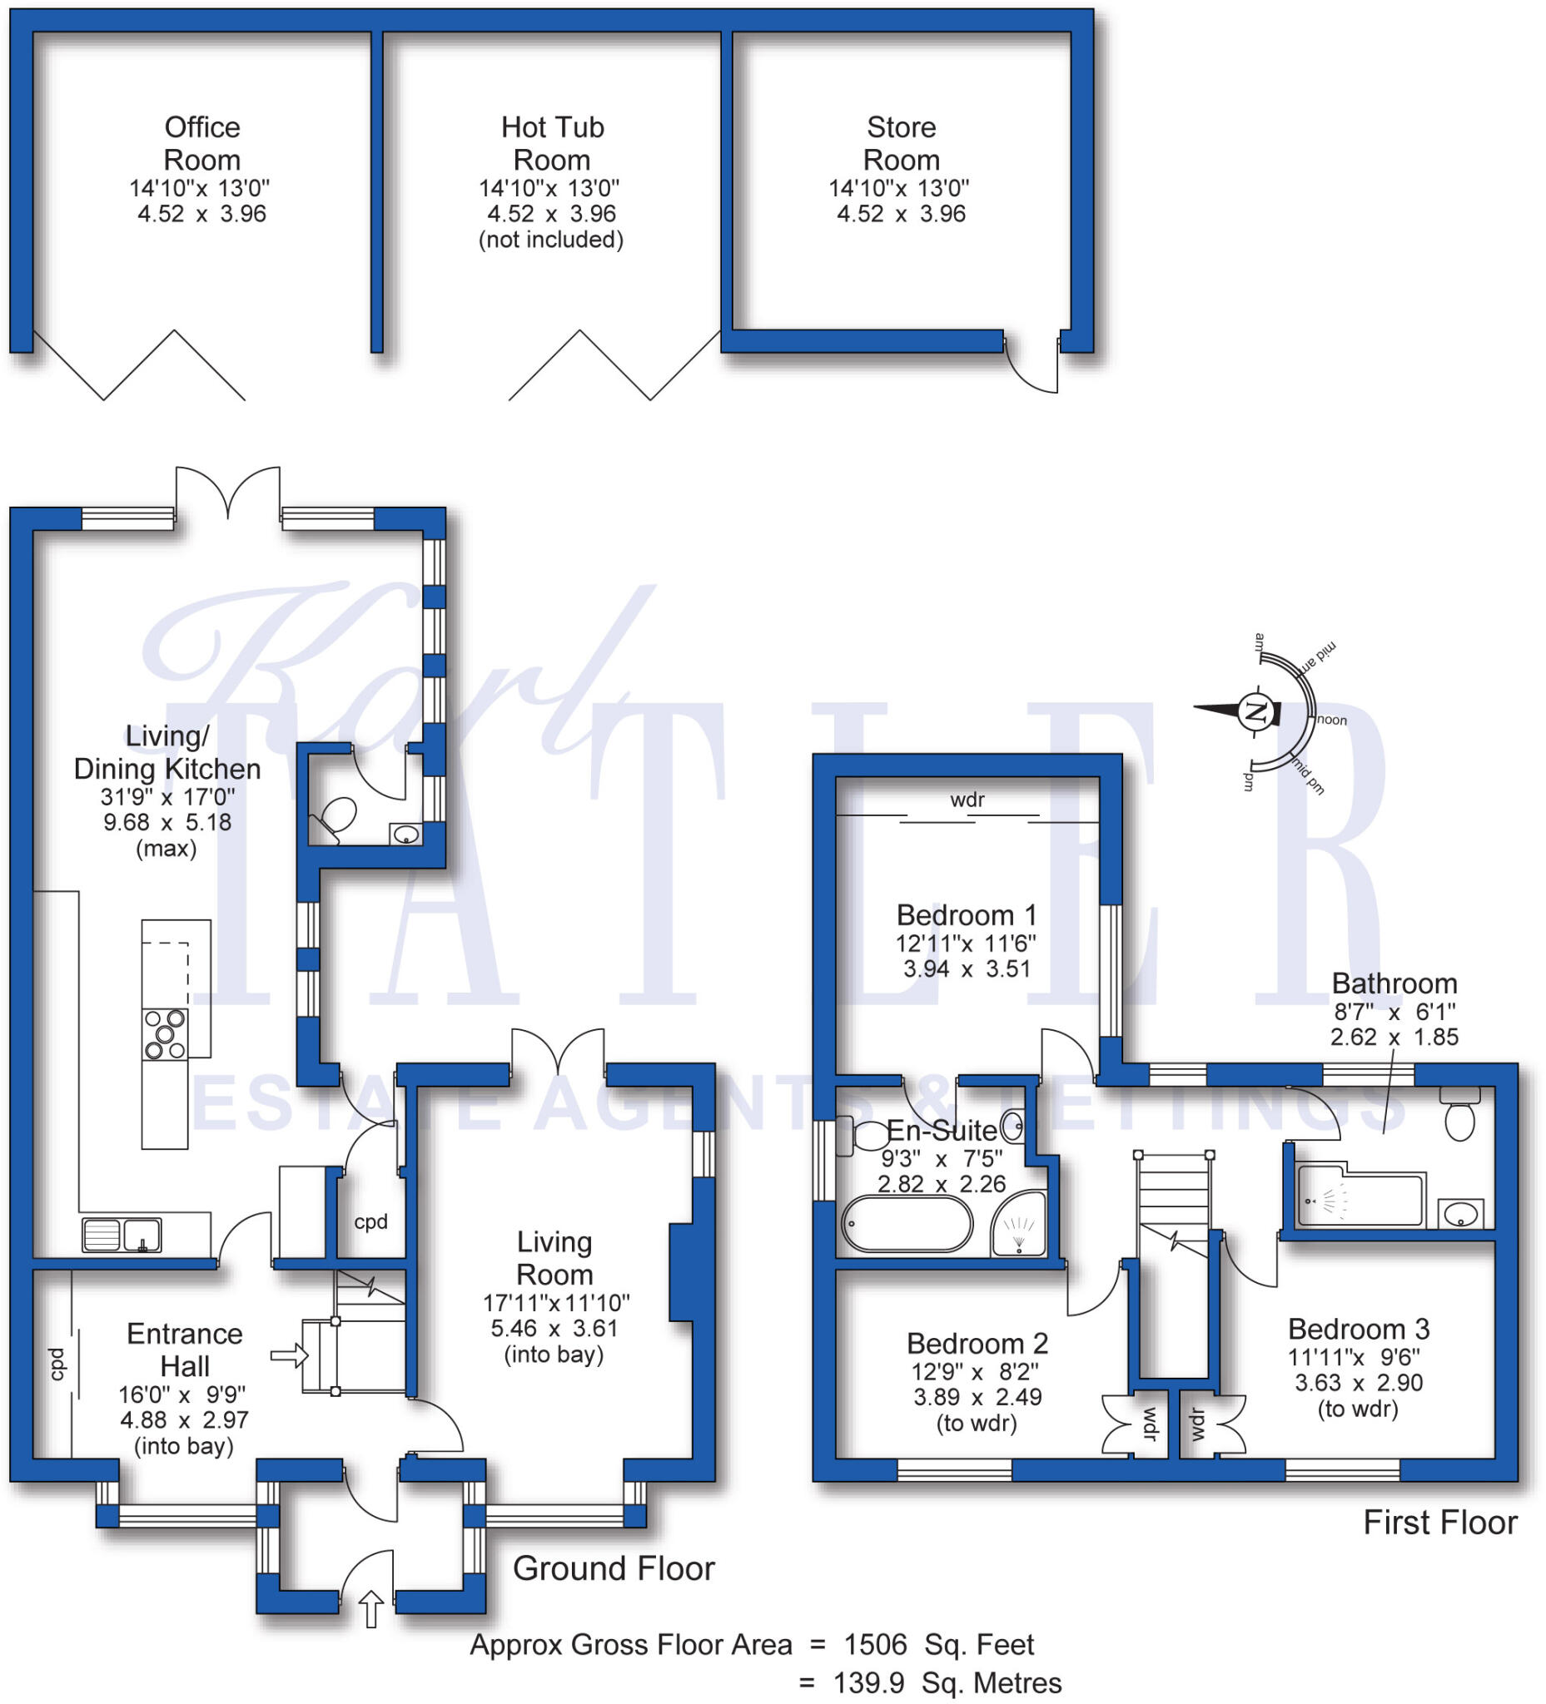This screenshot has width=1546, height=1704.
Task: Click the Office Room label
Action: pyautogui.click(x=201, y=143)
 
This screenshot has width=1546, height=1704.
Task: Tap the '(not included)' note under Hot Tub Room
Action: pyautogui.click(x=550, y=240)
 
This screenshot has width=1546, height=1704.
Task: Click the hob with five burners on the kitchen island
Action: pyautogui.click(x=165, y=1033)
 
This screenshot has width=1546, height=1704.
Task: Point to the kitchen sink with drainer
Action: pyautogui.click(x=122, y=1235)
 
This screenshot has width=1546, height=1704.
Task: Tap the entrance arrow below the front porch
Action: pyautogui.click(x=371, y=1608)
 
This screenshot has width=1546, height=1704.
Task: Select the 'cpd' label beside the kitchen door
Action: pyautogui.click(x=370, y=1221)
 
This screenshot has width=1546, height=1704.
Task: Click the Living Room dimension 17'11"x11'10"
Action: pyautogui.click(x=555, y=1302)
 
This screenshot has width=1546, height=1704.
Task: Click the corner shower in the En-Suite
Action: pyautogui.click(x=1019, y=1223)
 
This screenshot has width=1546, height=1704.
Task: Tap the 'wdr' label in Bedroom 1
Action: pyautogui.click(x=967, y=800)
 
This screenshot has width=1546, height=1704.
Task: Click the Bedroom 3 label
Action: pyautogui.click(x=1358, y=1329)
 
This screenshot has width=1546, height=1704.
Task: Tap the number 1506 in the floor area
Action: pyautogui.click(x=875, y=1645)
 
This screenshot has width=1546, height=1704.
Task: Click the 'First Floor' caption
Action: pyautogui.click(x=1439, y=1523)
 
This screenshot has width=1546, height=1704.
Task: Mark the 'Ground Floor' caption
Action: pyautogui.click(x=614, y=1568)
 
